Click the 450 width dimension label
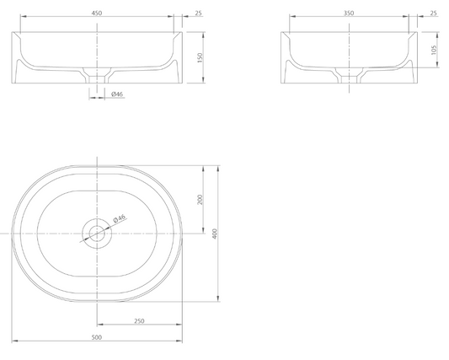97,13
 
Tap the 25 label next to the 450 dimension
199,13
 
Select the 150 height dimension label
200,57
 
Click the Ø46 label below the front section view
117,94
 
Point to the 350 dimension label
349,13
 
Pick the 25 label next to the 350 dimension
434,13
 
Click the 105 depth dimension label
434,50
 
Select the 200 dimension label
200,200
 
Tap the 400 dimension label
215,234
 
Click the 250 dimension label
139,321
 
